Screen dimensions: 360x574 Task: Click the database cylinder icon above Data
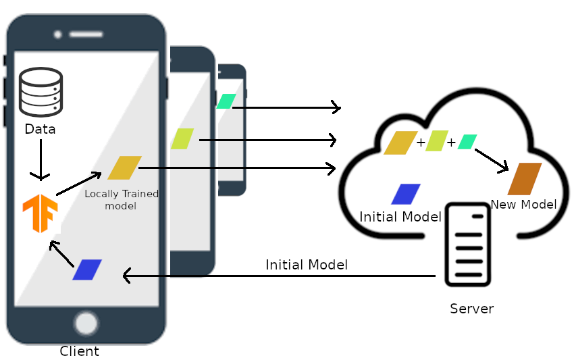(x=41, y=92)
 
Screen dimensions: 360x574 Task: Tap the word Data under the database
(x=40, y=129)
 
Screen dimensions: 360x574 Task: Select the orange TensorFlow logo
(x=39, y=212)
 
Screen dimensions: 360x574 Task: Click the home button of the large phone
(x=86, y=323)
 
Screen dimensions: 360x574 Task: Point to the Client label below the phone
(x=79, y=351)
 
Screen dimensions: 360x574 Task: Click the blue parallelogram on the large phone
(x=87, y=269)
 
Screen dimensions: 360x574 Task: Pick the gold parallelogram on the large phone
(x=124, y=168)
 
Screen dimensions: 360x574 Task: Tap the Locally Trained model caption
(x=122, y=199)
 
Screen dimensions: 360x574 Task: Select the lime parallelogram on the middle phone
(x=182, y=138)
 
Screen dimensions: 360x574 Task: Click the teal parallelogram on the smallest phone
(x=226, y=101)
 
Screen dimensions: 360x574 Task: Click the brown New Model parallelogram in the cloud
(x=525, y=179)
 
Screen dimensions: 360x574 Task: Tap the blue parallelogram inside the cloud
(x=406, y=194)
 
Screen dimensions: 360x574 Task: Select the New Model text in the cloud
(x=523, y=205)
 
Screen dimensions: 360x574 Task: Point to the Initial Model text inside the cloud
(x=400, y=217)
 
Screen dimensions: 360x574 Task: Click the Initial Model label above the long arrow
(x=307, y=265)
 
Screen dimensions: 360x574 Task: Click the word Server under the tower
(x=471, y=309)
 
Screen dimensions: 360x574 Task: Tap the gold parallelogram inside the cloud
(x=400, y=143)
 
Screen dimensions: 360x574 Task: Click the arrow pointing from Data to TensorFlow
(x=41, y=160)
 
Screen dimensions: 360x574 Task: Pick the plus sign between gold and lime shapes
(x=421, y=143)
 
